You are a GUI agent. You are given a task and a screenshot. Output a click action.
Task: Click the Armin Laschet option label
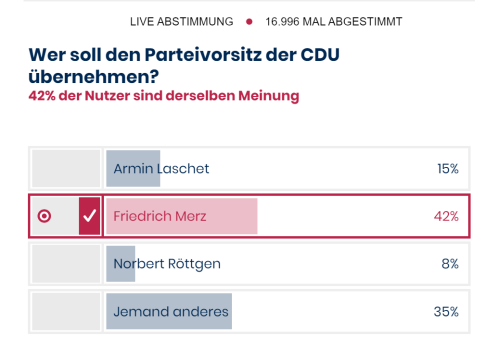pos(161,168)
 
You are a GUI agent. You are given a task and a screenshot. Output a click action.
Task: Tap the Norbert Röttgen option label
pos(167,264)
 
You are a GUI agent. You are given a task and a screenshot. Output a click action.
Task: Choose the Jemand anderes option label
pos(170,312)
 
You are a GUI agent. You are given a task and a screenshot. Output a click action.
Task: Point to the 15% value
pos(447,168)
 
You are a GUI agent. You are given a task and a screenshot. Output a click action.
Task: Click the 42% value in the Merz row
pos(446,216)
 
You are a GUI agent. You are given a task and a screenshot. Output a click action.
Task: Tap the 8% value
pos(450,264)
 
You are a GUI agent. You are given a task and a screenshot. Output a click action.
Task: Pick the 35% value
pos(446,312)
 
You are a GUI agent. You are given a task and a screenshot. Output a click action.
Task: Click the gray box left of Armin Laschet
pos(66,168)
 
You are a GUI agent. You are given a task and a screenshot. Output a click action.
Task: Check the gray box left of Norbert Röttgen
pos(66,264)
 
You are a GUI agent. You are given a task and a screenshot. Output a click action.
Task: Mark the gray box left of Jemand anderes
pos(66,312)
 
